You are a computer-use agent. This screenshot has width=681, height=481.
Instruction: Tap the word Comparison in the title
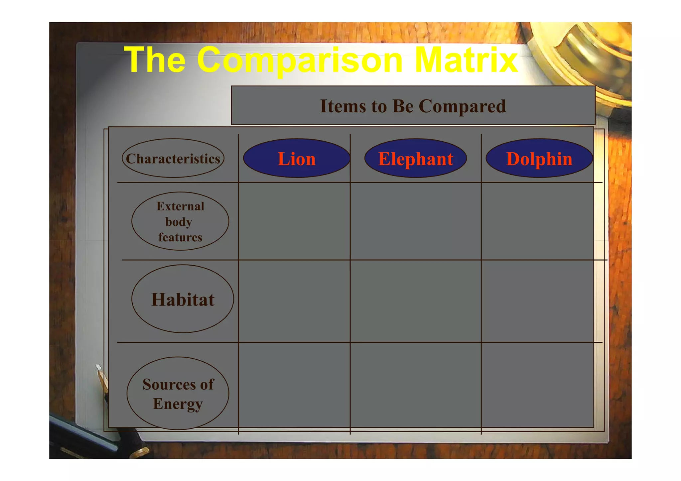[x=300, y=60]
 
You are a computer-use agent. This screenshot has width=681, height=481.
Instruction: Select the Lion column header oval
[x=297, y=158]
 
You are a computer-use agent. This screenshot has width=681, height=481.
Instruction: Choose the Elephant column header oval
[x=415, y=158]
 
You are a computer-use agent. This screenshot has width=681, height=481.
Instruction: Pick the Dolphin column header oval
[x=539, y=158]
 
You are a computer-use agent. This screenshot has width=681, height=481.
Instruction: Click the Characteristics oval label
[x=173, y=158]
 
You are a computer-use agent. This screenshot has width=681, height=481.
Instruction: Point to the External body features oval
[x=180, y=221]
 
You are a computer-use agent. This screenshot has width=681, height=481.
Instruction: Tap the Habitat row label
[x=183, y=299]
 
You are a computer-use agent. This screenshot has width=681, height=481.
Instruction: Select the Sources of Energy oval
[x=178, y=393]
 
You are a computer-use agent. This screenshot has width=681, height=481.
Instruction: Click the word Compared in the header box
[x=462, y=106]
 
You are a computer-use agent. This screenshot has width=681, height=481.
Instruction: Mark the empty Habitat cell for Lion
[x=294, y=301]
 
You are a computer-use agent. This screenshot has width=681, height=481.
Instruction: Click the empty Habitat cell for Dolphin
[x=537, y=301]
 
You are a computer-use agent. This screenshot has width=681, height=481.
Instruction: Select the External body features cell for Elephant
[x=415, y=221]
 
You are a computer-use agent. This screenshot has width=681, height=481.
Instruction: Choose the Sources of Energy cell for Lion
[x=294, y=385]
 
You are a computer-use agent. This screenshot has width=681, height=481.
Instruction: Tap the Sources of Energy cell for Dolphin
[x=537, y=385]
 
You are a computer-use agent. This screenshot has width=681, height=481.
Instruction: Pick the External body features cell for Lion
[x=294, y=221]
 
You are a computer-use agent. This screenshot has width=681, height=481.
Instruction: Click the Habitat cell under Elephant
[x=415, y=301]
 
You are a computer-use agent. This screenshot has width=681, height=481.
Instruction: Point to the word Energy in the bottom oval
[x=178, y=404]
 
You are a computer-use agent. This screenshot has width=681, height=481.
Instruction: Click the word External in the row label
[x=180, y=206]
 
